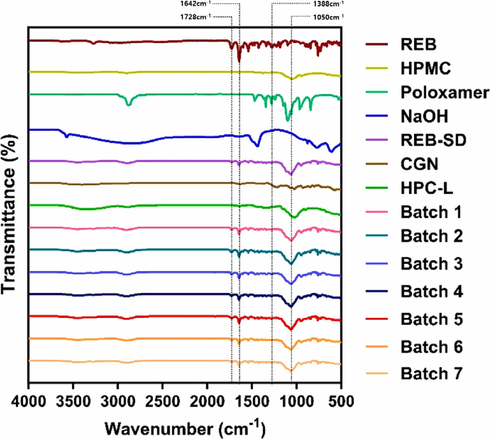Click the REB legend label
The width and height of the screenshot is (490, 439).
pyautogui.click(x=418, y=44)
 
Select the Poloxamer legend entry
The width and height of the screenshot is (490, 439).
pyautogui.click(x=445, y=92)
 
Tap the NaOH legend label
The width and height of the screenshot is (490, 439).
pyautogui.click(x=424, y=117)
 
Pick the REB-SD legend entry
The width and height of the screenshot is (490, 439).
pyautogui.click(x=433, y=140)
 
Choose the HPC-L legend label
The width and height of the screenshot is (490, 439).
pyautogui.click(x=427, y=188)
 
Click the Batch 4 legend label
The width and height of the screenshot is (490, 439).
pyautogui.click(x=432, y=291)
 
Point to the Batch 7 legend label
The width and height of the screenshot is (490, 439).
pyautogui.click(x=432, y=374)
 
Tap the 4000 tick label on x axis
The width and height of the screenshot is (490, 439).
pyautogui.click(x=29, y=401)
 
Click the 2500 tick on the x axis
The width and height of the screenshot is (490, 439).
pyautogui.click(x=162, y=401)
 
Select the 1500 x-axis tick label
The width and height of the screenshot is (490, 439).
pyautogui.click(x=251, y=401)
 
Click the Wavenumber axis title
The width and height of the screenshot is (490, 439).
pyautogui.click(x=185, y=428)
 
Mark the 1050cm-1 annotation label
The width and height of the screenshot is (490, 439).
pyautogui.click(x=328, y=17)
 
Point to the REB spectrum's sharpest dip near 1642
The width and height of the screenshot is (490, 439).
pyautogui.click(x=239, y=61)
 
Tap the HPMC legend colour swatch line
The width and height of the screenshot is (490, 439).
pyautogui.click(x=377, y=68)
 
